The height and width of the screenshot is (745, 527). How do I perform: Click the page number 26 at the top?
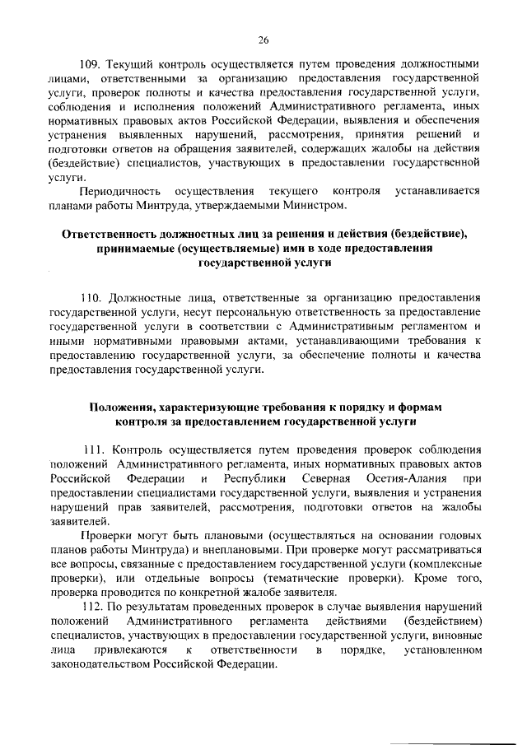263,39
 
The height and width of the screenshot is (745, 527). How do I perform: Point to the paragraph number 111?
96,449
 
